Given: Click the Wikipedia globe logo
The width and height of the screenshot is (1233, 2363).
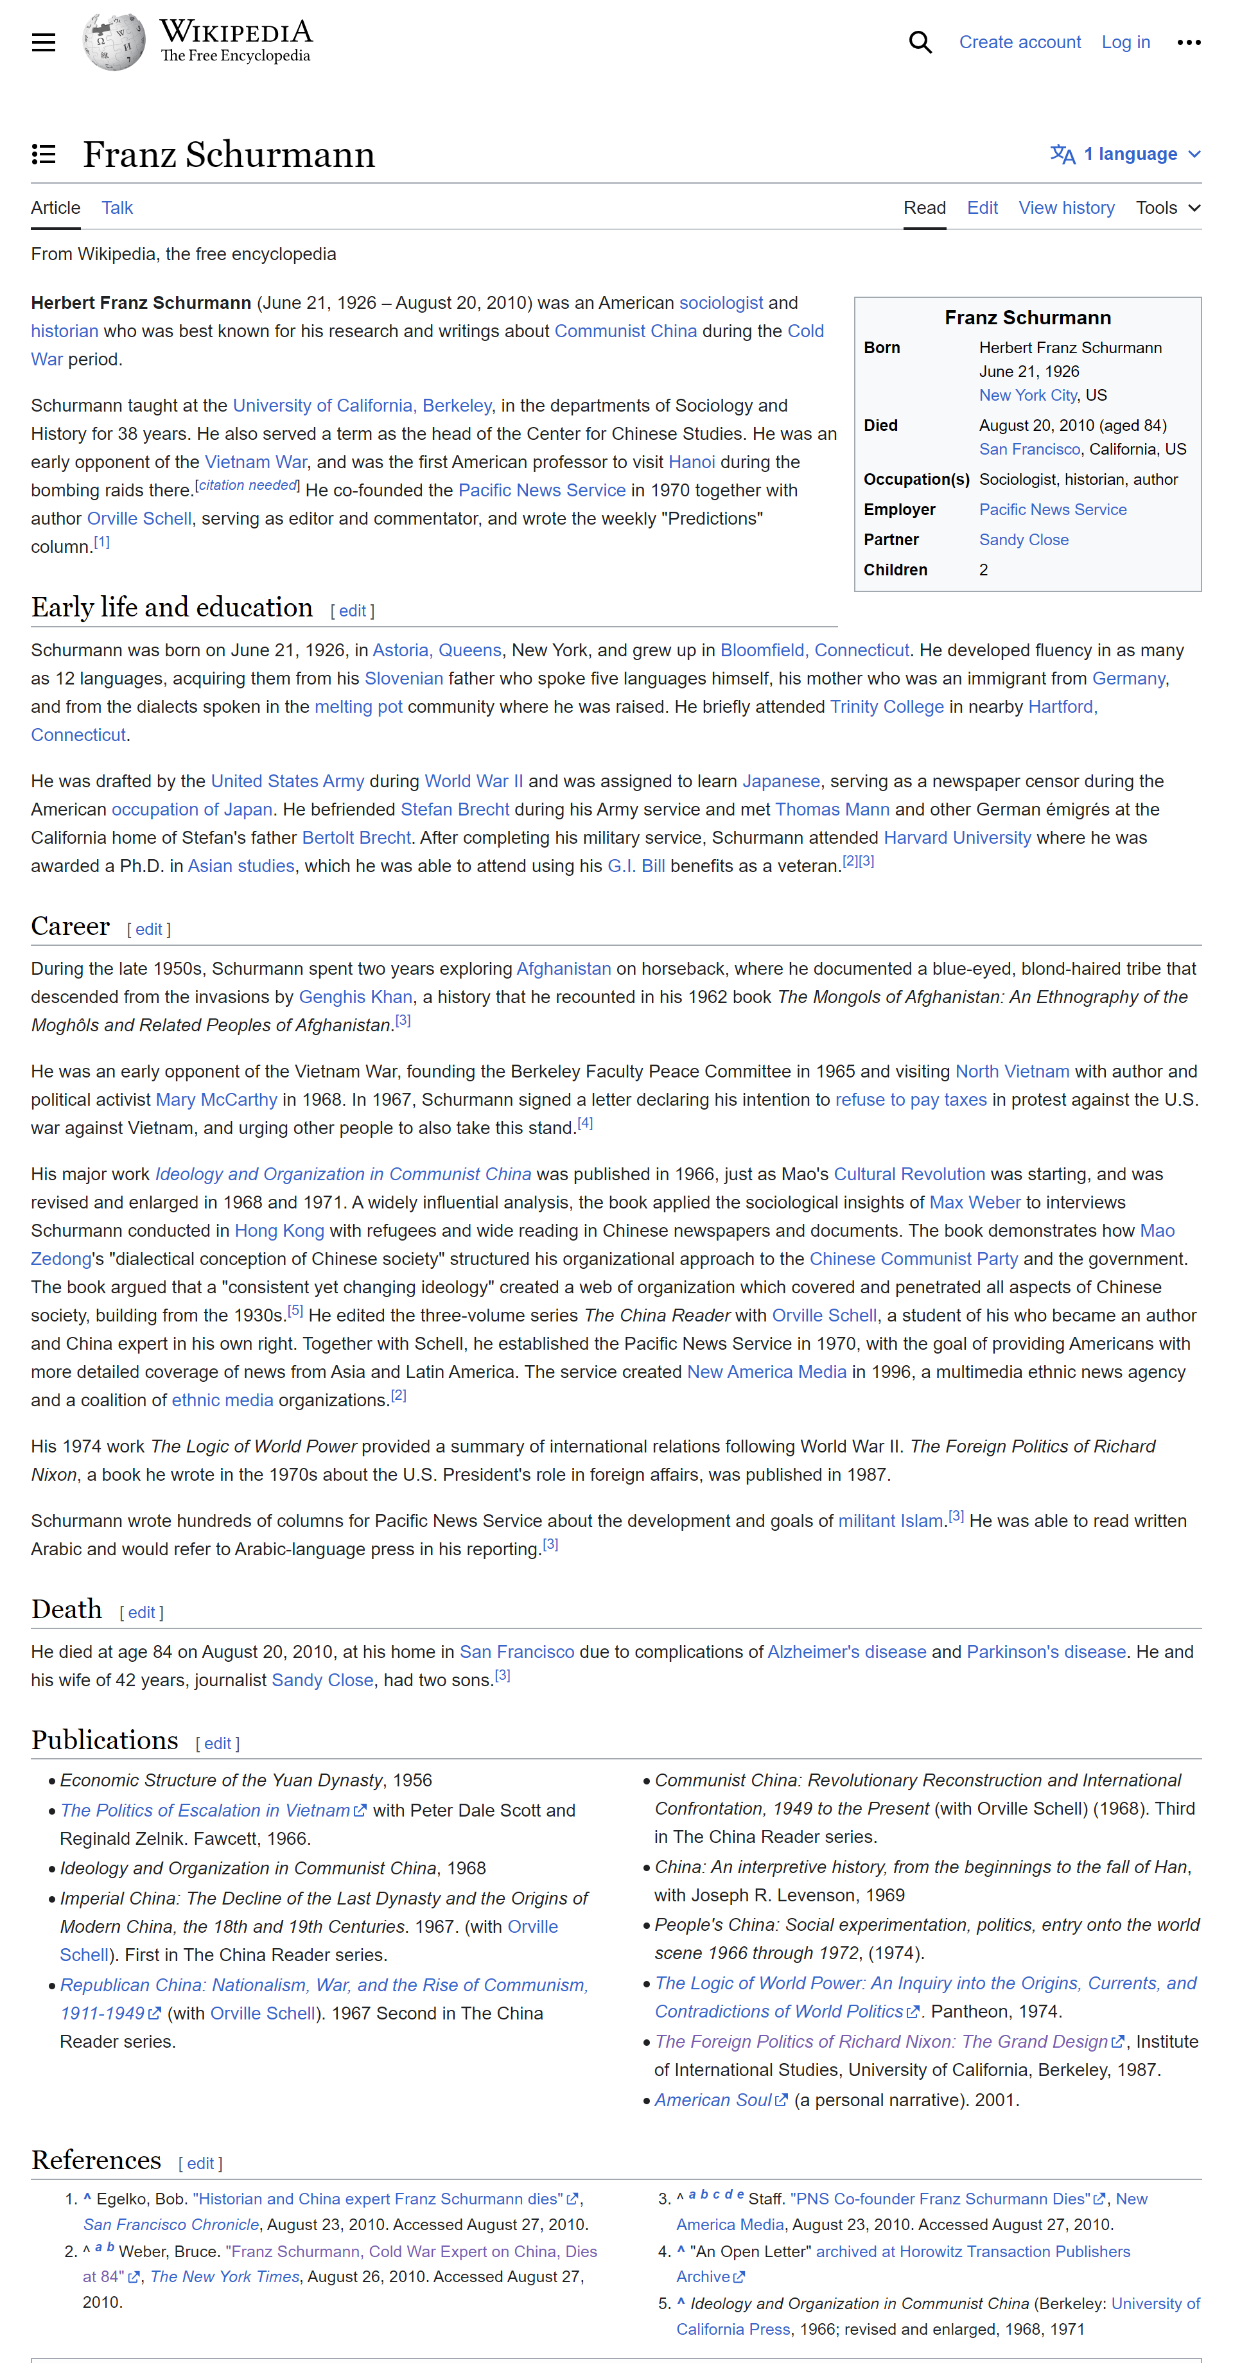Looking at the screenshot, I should [114, 42].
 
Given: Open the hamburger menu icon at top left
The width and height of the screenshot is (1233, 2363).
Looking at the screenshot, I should [43, 42].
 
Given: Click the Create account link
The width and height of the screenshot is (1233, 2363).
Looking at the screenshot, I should [1019, 42].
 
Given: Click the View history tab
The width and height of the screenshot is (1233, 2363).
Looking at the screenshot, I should [1066, 207].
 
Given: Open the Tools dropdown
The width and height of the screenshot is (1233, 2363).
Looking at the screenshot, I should [1167, 207].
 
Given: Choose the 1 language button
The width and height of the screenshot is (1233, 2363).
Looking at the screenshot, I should [1124, 154].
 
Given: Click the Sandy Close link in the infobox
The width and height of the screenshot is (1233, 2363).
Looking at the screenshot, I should [1023, 539].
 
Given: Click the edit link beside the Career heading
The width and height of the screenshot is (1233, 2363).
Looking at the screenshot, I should [148, 929].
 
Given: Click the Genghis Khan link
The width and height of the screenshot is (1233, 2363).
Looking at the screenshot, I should [356, 997].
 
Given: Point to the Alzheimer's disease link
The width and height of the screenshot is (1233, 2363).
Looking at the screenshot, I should [846, 1652].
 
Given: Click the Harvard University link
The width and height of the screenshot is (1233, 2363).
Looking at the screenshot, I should [957, 837].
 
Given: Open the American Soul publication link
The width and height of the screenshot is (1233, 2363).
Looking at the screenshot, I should [713, 2100].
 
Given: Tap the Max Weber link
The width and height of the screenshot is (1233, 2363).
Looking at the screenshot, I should [974, 1203].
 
